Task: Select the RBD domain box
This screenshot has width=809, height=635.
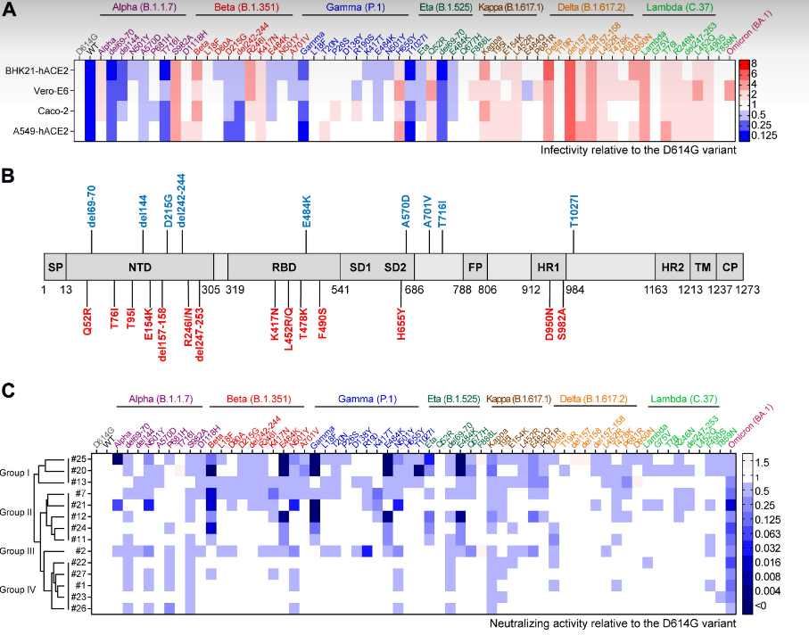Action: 283,267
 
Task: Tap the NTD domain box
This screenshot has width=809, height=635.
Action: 141,267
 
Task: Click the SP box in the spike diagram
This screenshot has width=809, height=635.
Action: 55,267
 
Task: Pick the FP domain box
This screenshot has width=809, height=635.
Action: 475,267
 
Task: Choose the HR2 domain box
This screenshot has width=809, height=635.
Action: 672,267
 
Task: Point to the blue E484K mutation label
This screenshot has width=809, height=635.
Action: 307,212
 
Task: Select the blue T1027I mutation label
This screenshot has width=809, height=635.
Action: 574,212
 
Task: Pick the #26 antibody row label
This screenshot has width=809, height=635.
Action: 78,608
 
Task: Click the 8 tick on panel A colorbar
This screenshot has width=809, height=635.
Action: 754,63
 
